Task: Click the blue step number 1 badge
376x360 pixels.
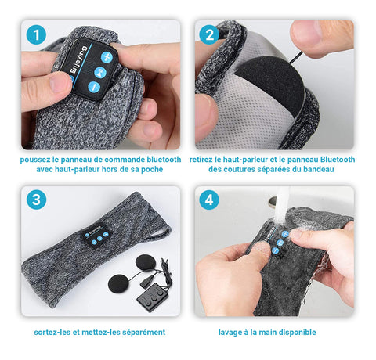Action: (36, 34)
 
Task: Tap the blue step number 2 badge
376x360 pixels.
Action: (209, 34)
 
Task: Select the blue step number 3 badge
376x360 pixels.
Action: (36, 200)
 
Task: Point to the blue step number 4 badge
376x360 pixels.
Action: (209, 200)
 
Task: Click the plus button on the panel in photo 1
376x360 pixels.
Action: (107, 57)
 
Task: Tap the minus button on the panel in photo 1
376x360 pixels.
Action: (94, 87)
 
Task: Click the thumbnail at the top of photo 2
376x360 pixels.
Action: (306, 32)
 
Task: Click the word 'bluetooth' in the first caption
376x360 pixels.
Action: (164, 160)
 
